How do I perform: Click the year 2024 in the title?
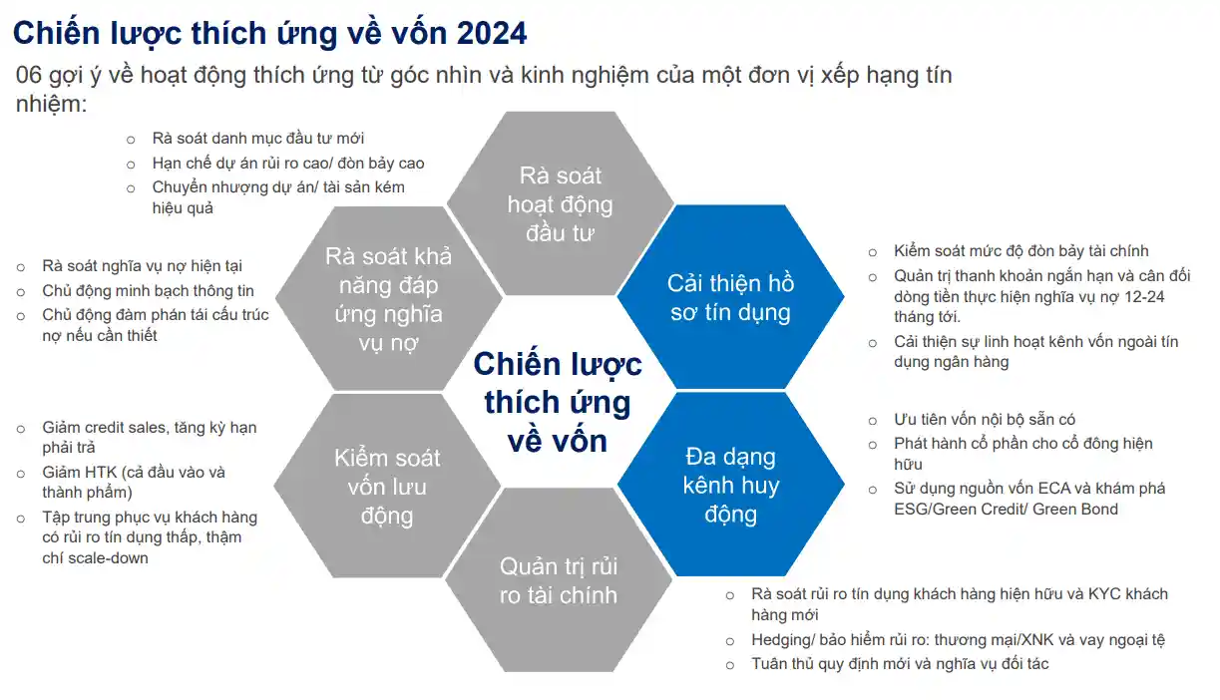(491, 33)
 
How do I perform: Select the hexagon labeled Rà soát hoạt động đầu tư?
(561, 203)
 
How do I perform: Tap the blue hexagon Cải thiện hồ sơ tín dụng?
(730, 297)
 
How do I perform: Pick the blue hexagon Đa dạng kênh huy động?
(731, 485)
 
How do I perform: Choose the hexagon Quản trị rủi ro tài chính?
(559, 580)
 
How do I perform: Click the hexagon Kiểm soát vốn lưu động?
(387, 486)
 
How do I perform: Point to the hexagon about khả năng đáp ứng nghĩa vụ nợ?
(389, 298)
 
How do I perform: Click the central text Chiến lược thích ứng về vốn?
(558, 402)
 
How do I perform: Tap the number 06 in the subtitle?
(28, 75)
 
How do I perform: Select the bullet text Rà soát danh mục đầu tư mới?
(258, 139)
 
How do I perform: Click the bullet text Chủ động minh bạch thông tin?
(149, 291)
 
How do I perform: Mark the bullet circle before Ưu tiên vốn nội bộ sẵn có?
(873, 421)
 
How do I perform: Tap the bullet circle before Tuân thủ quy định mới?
(730, 665)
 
